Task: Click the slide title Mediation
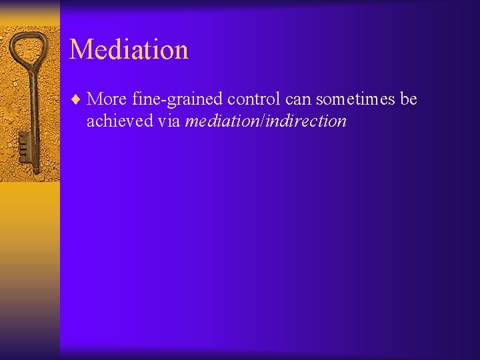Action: point(129,49)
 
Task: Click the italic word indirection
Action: point(307,121)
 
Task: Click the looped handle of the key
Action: point(28,51)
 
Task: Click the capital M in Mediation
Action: point(81,49)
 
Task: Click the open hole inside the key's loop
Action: point(29,48)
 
